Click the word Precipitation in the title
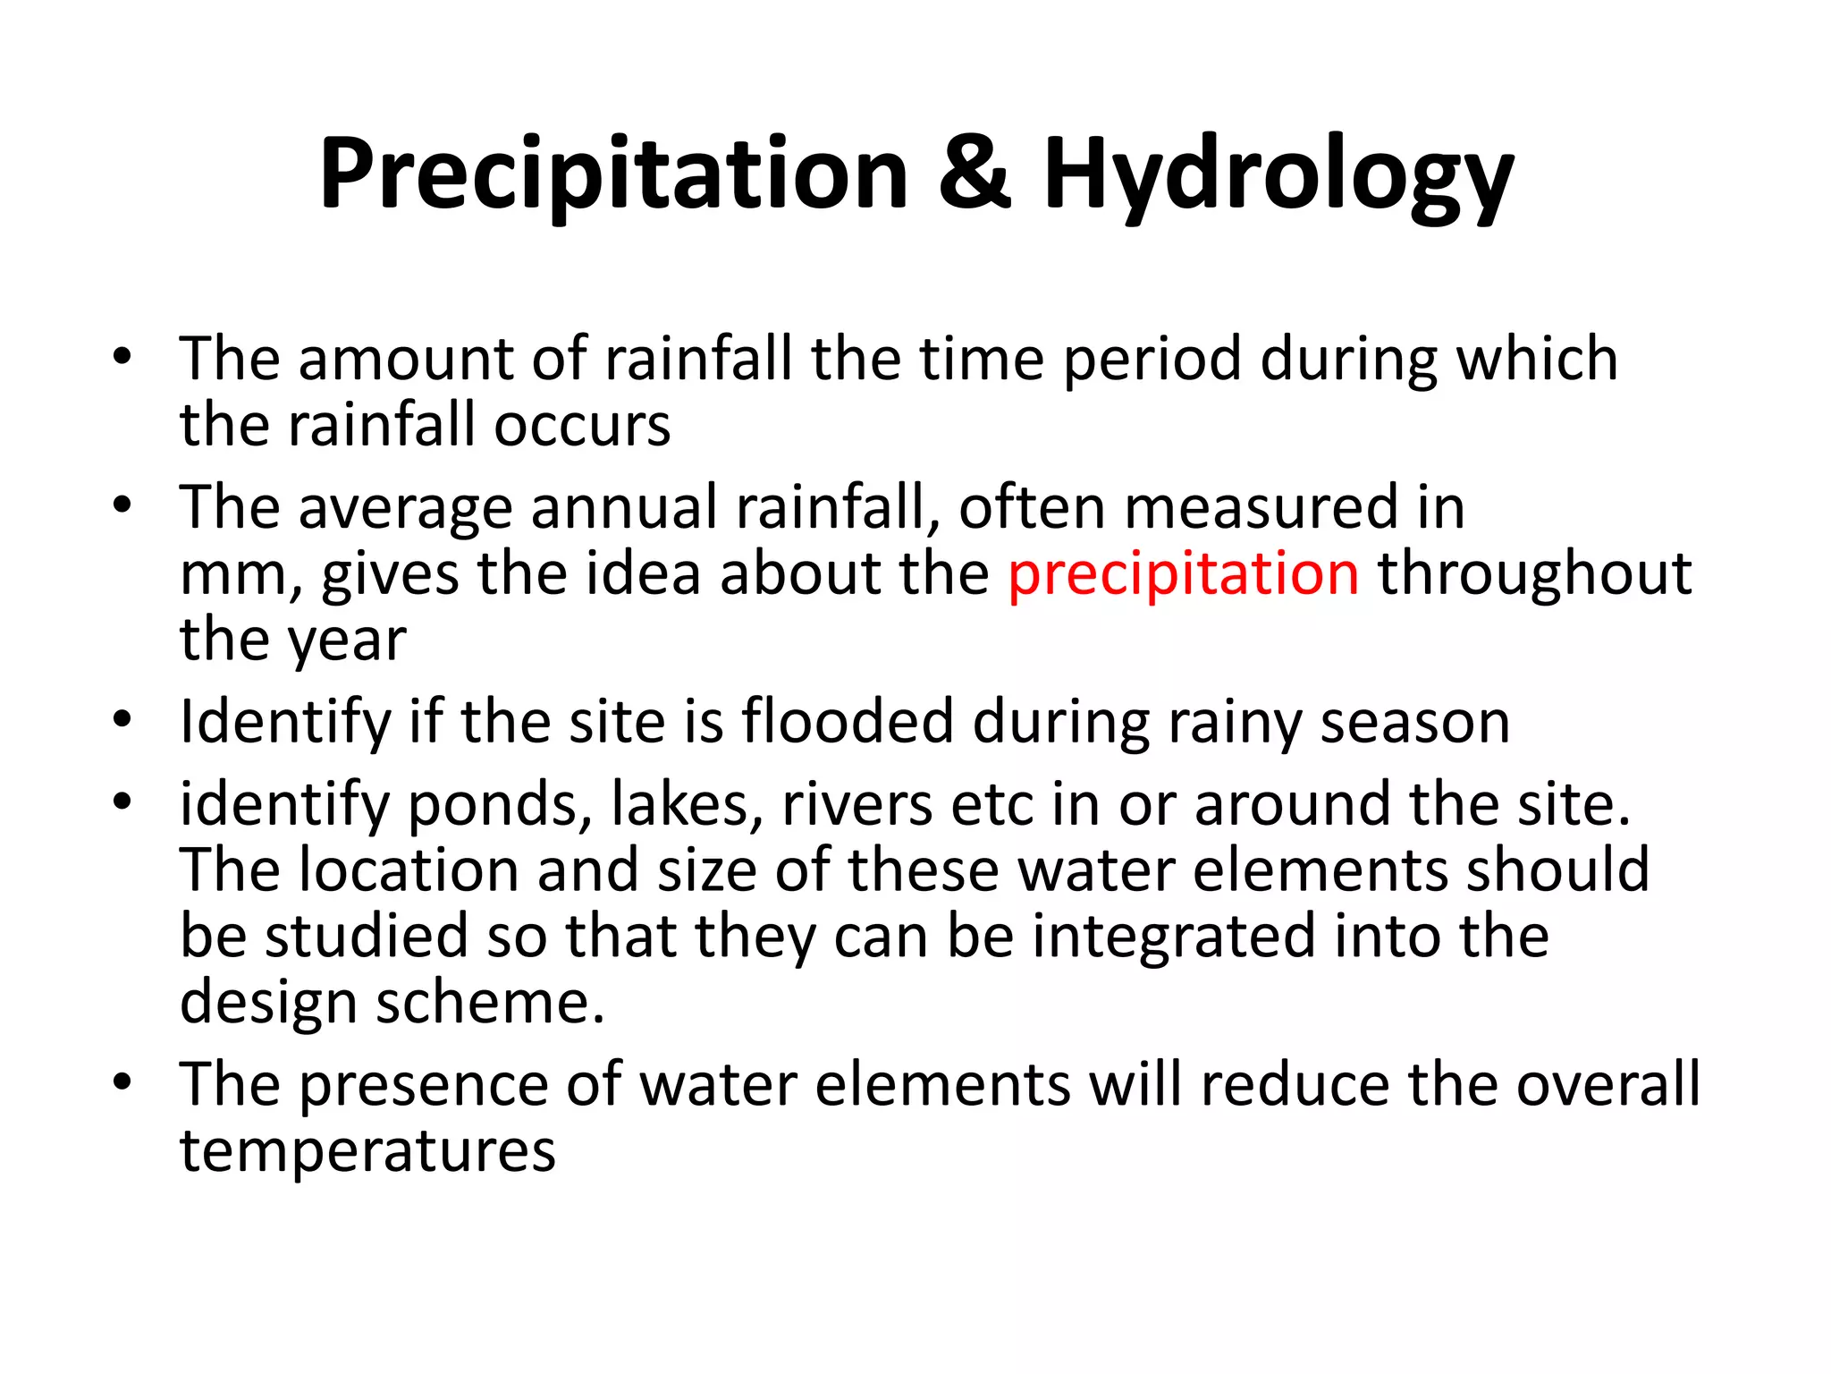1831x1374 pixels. (613, 174)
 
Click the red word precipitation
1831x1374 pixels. (1183, 574)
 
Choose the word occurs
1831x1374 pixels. (582, 426)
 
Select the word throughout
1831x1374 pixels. (1534, 574)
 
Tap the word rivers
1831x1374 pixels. (857, 805)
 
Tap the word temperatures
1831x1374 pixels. (367, 1152)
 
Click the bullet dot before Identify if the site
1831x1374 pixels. (122, 719)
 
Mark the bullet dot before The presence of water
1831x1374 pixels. (122, 1083)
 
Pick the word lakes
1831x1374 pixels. (686, 805)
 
